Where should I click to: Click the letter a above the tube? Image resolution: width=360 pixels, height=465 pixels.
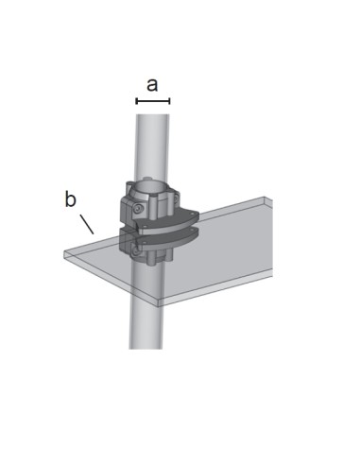(x=152, y=85)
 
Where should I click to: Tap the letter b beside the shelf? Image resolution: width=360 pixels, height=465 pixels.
(x=70, y=199)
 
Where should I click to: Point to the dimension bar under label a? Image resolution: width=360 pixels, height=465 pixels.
(x=153, y=101)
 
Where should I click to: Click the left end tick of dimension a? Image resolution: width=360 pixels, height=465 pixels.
(x=136, y=101)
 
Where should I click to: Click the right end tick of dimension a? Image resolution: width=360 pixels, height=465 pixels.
(x=169, y=101)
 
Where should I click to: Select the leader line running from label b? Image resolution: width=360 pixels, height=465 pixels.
(x=87, y=224)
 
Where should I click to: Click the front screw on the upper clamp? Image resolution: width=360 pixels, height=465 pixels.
(x=139, y=209)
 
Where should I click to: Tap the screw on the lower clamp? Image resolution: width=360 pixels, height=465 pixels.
(x=136, y=251)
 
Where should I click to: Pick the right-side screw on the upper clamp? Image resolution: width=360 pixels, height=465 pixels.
(x=176, y=198)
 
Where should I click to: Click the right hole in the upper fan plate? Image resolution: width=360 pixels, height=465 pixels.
(x=192, y=215)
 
